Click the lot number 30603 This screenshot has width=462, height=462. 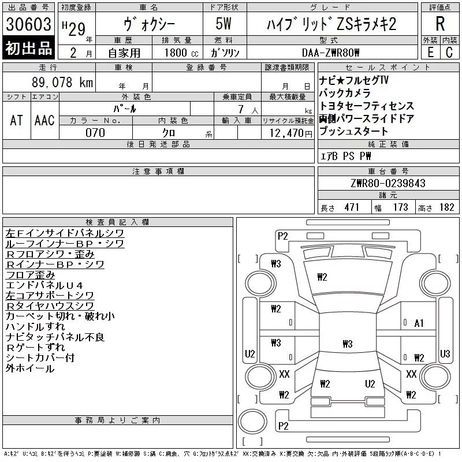(x=28, y=24)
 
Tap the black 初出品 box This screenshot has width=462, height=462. (x=28, y=48)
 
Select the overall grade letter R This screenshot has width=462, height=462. (x=440, y=24)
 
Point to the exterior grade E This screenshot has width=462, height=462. (x=430, y=53)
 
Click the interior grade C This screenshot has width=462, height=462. (x=449, y=53)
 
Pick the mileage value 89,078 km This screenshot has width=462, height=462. (x=62, y=82)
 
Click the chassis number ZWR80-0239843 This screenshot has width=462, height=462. (x=388, y=183)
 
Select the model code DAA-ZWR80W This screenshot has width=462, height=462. (x=330, y=53)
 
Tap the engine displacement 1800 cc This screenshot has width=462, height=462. (x=181, y=53)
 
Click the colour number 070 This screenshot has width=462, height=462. (x=95, y=133)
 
